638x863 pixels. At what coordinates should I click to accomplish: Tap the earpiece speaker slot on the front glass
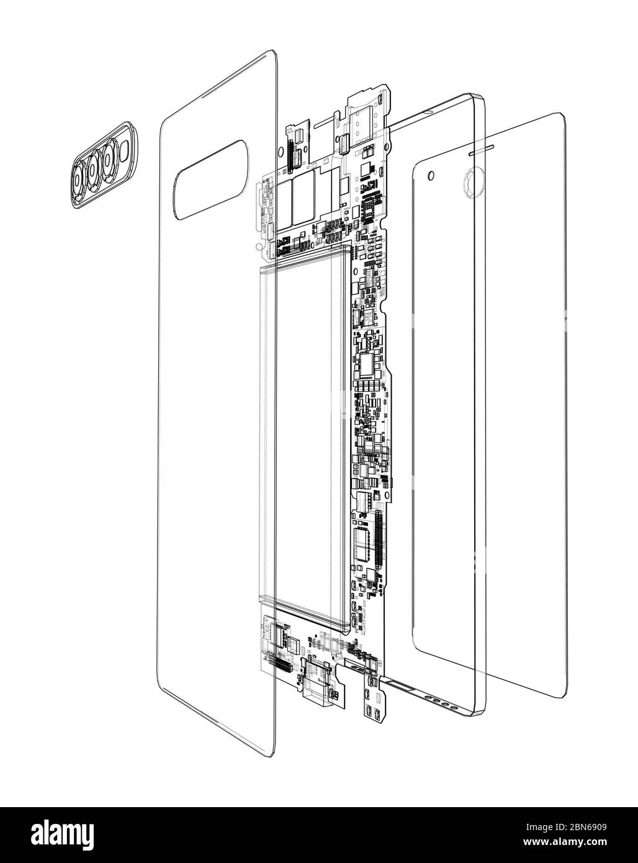481,150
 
